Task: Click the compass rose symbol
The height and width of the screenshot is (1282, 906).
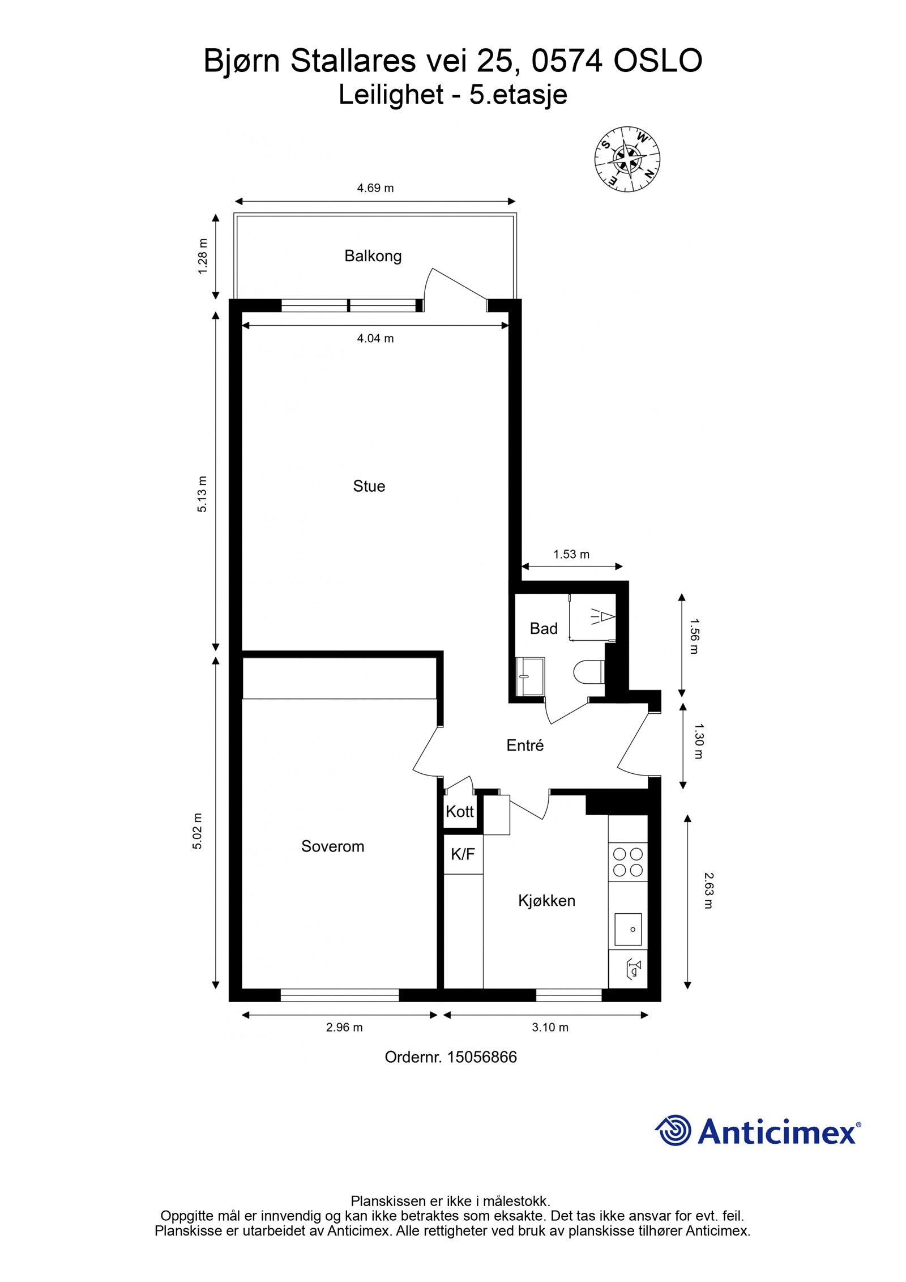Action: [627, 159]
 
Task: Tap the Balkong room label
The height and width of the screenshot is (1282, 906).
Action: [373, 256]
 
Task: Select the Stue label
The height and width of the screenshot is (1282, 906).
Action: [369, 486]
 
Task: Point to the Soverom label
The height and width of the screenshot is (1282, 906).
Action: [332, 846]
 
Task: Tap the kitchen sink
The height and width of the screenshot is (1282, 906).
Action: [628, 930]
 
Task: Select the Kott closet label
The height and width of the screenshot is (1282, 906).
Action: [460, 811]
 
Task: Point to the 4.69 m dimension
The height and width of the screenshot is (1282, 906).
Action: [375, 188]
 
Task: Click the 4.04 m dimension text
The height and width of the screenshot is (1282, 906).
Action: [375, 338]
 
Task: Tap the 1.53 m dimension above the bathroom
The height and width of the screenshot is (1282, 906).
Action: [571, 554]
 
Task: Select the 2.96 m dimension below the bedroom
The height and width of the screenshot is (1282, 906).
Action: [344, 1027]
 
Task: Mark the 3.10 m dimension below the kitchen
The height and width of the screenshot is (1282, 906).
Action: [550, 1027]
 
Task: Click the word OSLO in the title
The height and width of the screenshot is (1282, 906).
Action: [658, 61]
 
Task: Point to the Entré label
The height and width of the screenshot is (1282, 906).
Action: [525, 746]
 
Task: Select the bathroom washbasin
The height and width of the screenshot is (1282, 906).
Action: [529, 676]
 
